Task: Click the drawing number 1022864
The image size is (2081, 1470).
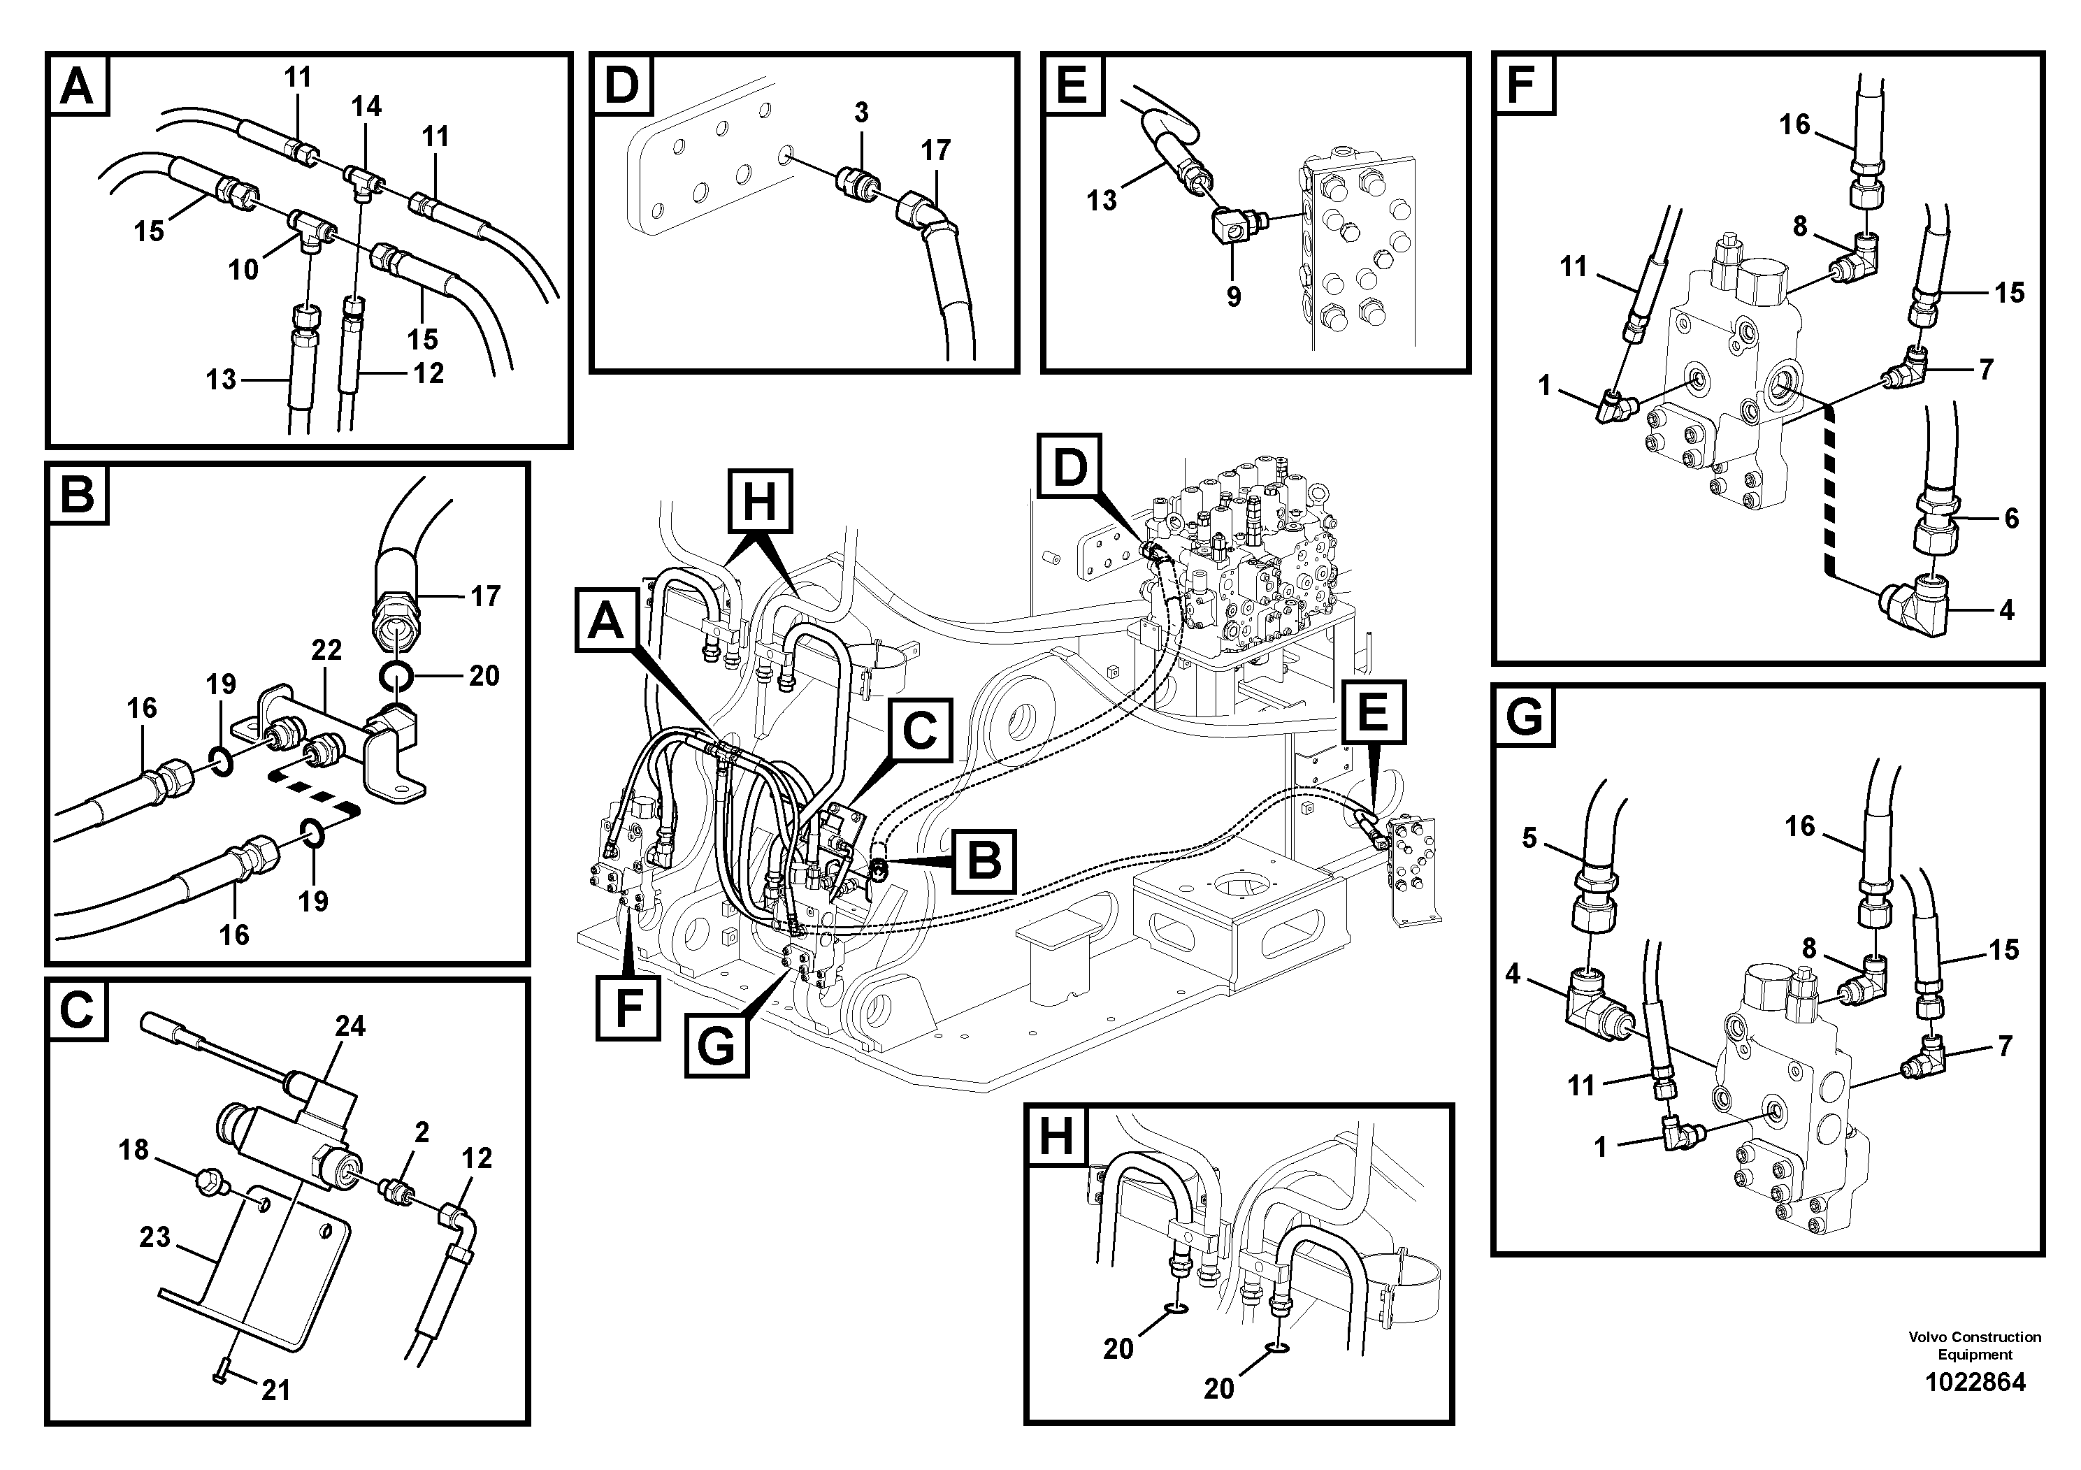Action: click(x=1975, y=1382)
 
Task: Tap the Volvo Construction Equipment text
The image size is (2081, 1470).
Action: click(x=1974, y=1345)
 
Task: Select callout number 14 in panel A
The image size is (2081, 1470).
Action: click(x=366, y=107)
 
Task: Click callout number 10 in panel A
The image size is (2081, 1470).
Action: click(x=243, y=269)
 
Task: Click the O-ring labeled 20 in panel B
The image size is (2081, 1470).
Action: click(x=397, y=675)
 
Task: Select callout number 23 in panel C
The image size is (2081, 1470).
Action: click(x=155, y=1237)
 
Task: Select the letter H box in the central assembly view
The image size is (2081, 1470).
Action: click(x=760, y=500)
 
